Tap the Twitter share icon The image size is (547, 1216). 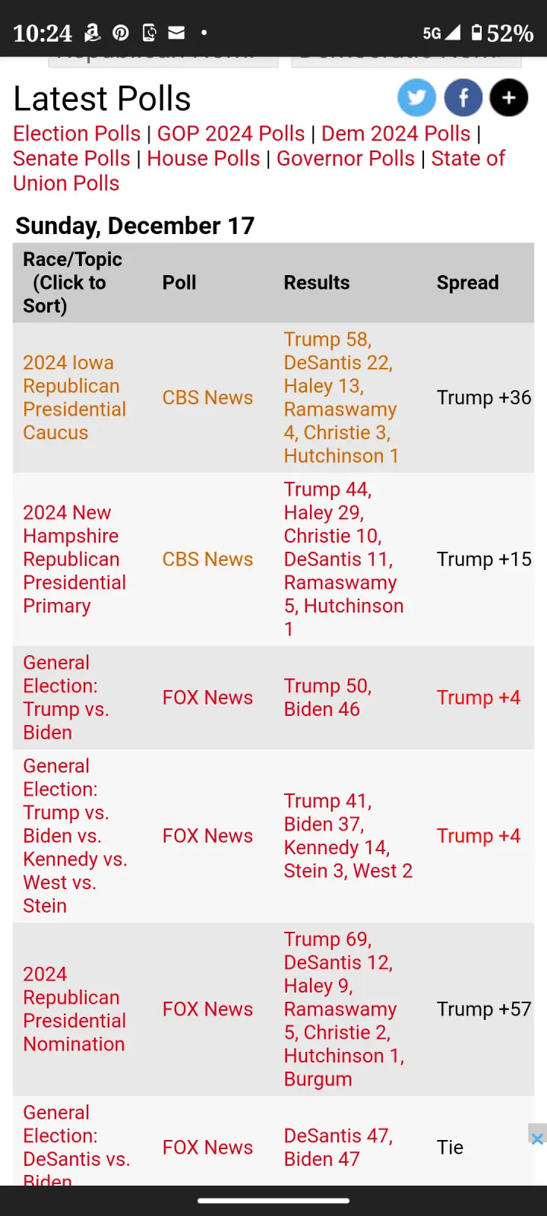416,97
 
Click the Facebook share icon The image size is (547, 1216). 463,97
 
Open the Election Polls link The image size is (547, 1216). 77,134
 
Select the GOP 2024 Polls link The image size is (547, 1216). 231,134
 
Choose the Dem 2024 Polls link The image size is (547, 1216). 396,134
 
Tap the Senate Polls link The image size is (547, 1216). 71,159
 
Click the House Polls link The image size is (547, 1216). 204,159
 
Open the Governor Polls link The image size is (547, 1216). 346,159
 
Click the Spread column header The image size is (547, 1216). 467,283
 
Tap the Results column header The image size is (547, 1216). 317,283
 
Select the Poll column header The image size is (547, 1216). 179,283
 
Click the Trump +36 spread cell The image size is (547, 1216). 483,397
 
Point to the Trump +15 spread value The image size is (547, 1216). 483,559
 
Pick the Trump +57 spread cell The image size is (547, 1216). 483,1009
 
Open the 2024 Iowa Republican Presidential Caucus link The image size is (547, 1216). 74,397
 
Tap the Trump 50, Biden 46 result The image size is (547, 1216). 327,698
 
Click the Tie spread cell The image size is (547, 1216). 450,1148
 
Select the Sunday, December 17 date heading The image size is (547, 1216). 134,226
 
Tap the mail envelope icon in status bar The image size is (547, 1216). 176,33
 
